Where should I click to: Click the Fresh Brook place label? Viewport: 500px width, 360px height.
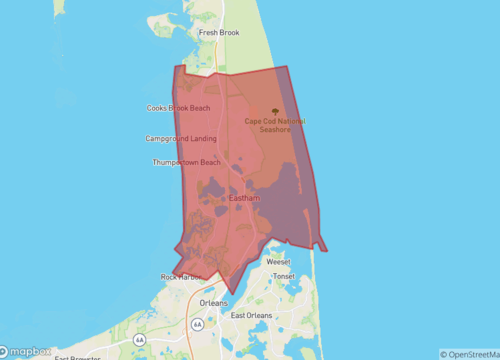point(219,32)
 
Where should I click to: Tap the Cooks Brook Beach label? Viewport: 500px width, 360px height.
point(179,108)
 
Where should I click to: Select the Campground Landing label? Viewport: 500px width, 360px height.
point(180,138)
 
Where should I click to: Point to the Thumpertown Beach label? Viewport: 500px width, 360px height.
point(186,162)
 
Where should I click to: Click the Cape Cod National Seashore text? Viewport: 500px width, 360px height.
point(276,125)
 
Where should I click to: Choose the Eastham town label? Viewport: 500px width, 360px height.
point(244,198)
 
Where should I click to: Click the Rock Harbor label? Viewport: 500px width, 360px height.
point(181,277)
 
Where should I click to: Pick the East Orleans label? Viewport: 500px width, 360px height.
point(252,316)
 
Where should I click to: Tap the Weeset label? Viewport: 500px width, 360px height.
point(278,261)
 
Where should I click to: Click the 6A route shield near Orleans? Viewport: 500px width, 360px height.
point(198,324)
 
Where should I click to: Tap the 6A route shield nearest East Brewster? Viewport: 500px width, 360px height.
point(139,340)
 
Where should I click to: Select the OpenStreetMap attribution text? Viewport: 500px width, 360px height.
point(469,353)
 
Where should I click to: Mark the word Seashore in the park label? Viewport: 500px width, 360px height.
point(276,130)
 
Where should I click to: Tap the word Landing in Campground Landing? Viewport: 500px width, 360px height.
point(201,138)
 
